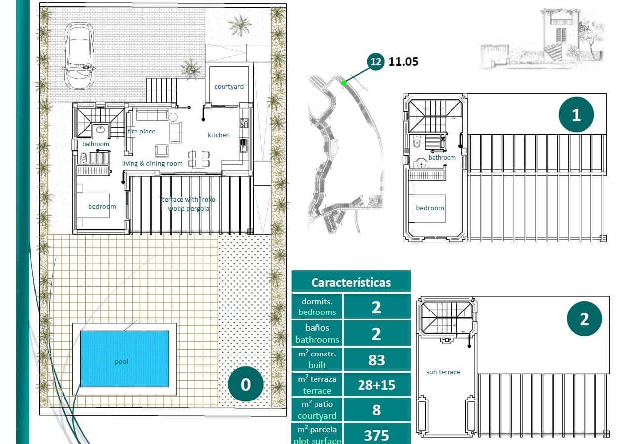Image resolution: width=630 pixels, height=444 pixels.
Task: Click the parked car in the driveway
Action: [79, 55]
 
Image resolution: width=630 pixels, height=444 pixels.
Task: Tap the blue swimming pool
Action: [124, 358]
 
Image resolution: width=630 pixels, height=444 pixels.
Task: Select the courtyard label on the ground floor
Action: [228, 86]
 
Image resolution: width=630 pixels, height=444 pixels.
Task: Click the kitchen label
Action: [219, 135]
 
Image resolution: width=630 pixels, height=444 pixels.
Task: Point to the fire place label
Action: [141, 131]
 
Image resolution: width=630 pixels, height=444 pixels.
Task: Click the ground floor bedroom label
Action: [102, 206]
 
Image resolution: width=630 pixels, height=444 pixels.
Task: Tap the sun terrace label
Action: [443, 372]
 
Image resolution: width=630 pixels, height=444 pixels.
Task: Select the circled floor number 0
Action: [246, 384]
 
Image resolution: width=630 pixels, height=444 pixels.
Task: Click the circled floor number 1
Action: [576, 115]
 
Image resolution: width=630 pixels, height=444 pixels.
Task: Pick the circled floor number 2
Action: [584, 319]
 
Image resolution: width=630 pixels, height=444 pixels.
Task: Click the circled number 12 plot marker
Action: [376, 62]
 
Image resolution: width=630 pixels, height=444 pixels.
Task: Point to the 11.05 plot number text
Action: [404, 62]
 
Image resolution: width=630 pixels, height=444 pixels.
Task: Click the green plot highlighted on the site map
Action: [344, 83]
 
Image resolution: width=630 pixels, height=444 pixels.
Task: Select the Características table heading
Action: [351, 282]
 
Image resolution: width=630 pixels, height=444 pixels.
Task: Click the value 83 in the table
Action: [376, 360]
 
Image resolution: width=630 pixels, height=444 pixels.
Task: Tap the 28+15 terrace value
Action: [376, 385]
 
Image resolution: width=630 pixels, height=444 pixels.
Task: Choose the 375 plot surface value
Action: [376, 435]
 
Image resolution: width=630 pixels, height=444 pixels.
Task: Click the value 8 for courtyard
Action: [376, 410]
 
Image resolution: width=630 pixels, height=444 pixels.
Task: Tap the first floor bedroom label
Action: [430, 208]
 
